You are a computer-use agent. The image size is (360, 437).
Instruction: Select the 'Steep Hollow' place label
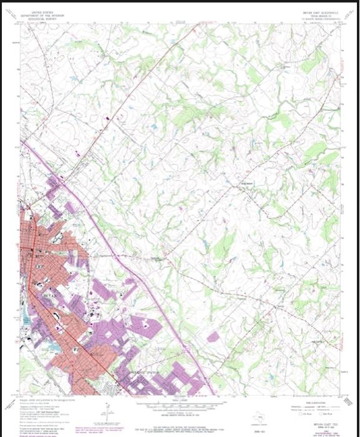tap(247, 182)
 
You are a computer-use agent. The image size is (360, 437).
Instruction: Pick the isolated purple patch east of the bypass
tap(213, 337)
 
